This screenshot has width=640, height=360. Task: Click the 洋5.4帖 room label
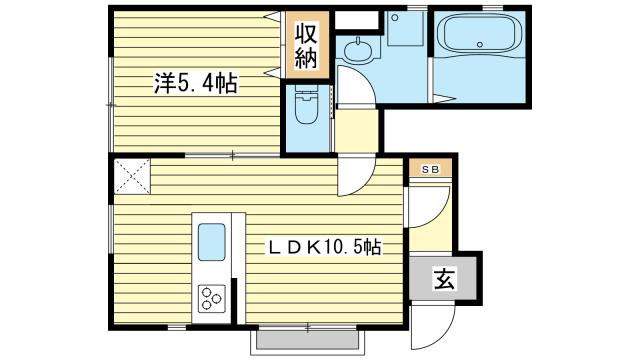pyautogui.click(x=195, y=84)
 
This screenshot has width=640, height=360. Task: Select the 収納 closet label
pyautogui.click(x=306, y=45)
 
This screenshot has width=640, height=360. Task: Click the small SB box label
pyautogui.click(x=428, y=168)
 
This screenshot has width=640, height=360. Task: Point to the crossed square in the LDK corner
pyautogui.click(x=131, y=177)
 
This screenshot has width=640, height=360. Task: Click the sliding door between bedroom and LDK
pyautogui.click(x=232, y=155)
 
